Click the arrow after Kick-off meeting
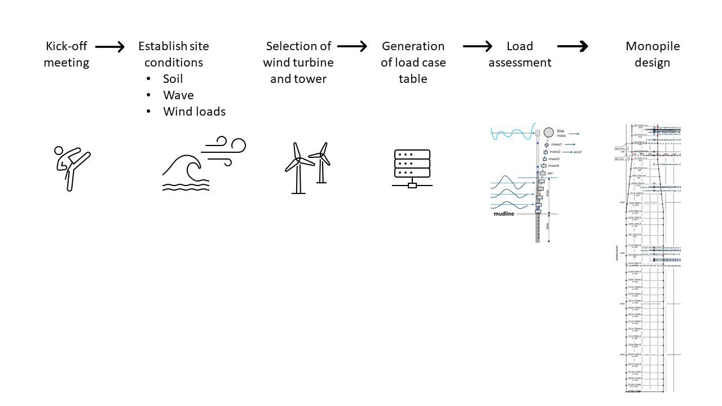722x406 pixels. (x=110, y=47)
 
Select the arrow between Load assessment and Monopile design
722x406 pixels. (x=573, y=47)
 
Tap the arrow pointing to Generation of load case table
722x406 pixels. (x=353, y=47)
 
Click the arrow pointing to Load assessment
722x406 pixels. (x=478, y=47)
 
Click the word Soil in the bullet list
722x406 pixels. (x=173, y=79)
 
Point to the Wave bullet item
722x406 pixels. (x=178, y=95)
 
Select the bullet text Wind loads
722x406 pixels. (x=195, y=112)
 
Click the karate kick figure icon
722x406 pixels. (x=72, y=168)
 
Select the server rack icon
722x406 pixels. (x=412, y=168)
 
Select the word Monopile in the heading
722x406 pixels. (x=653, y=46)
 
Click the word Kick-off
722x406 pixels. (x=67, y=46)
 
